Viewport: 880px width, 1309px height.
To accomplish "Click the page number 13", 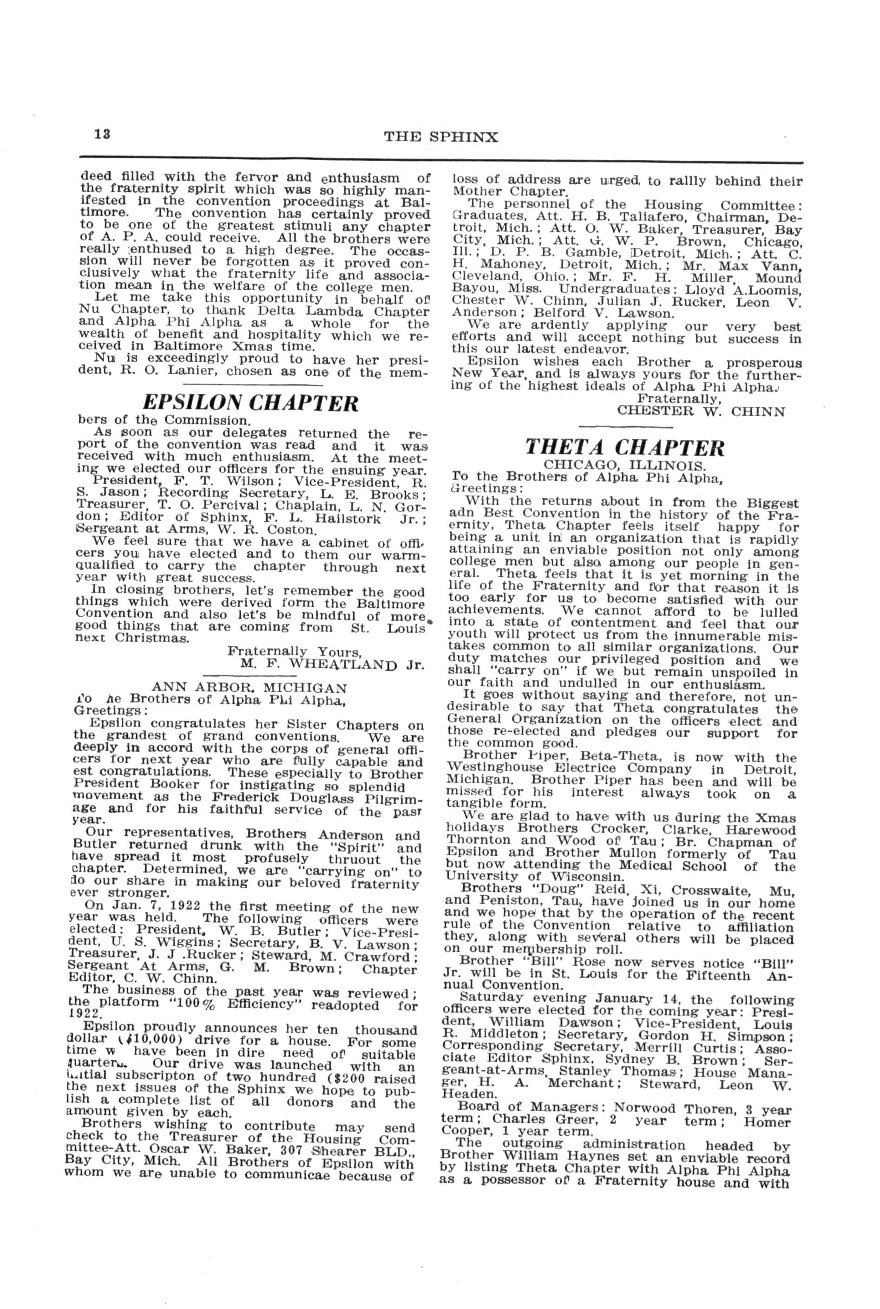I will [102, 135].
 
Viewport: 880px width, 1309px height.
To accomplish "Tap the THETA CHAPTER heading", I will [624, 447].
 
